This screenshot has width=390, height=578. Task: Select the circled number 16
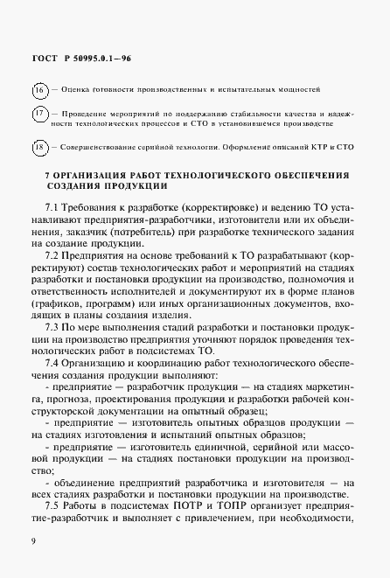pos(41,90)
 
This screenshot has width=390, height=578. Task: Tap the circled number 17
pos(41,115)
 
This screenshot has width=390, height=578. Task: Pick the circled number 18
pos(41,147)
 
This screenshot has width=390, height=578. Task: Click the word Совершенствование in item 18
pos(103,147)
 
